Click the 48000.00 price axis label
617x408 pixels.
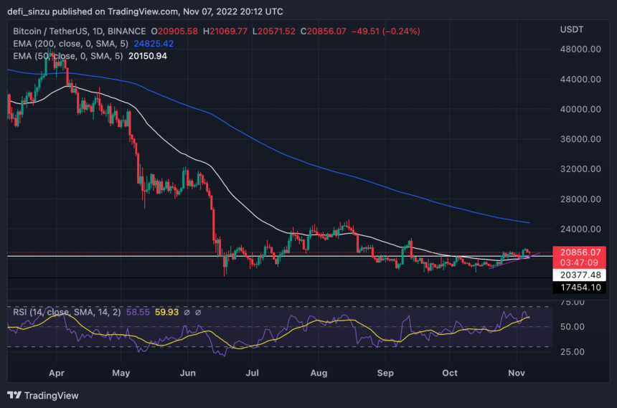(x=580, y=49)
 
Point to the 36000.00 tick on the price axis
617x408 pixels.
(x=580, y=139)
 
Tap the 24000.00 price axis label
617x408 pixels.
(x=580, y=229)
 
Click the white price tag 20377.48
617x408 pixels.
(x=580, y=275)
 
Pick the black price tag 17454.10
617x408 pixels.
(x=580, y=287)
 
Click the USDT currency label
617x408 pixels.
(x=572, y=29)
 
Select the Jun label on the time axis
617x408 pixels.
(x=187, y=374)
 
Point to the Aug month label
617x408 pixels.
(x=319, y=374)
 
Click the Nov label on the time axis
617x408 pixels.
(x=517, y=374)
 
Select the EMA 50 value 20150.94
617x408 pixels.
(x=147, y=56)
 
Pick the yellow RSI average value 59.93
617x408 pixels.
(x=156, y=313)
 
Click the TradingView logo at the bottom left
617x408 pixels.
(x=43, y=395)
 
